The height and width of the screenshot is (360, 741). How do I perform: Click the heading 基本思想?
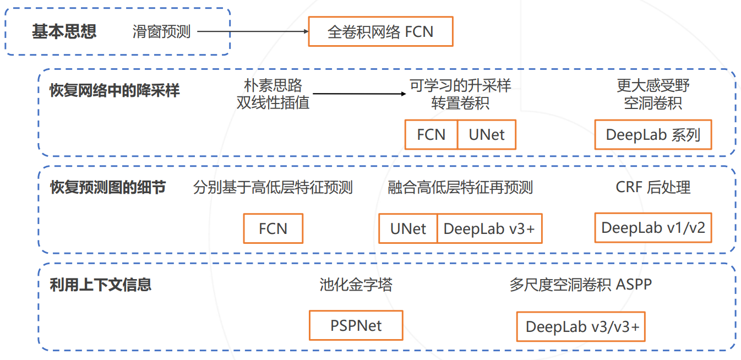64,31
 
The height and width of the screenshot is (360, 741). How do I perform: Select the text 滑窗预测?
161,31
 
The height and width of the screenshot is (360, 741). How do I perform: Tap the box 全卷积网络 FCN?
380,31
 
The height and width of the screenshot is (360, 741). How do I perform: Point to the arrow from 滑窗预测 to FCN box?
253,31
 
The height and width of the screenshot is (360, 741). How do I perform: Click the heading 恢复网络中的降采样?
115,90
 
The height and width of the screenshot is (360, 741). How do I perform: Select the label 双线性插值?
273,103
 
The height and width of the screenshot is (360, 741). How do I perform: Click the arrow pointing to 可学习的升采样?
358,94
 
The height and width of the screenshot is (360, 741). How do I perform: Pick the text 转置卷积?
460,103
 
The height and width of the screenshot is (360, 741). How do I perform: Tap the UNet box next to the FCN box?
487,135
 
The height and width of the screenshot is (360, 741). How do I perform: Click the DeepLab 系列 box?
653,135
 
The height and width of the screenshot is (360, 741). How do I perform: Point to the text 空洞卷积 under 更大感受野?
653,103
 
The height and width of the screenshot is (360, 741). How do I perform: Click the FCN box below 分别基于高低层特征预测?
273,228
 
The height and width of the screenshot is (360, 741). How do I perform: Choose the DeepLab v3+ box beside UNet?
489,228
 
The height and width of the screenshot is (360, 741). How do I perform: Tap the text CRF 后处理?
653,188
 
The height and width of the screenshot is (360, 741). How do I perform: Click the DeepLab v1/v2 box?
653,228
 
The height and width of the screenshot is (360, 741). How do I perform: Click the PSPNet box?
356,325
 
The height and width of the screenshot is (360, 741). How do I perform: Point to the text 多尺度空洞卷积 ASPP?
580,285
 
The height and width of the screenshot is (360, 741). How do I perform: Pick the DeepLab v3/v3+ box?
580,327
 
